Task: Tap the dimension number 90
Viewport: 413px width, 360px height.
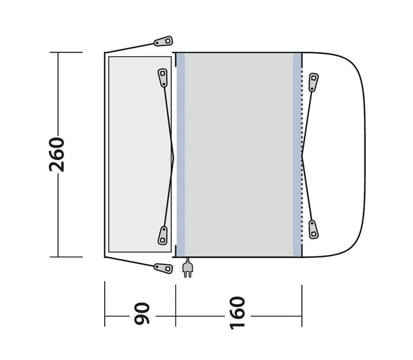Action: click(x=142, y=313)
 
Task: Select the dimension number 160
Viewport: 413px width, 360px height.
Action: click(x=237, y=313)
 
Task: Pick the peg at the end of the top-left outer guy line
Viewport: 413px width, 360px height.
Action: click(x=164, y=41)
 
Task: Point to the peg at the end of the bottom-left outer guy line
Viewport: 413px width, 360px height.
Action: click(x=164, y=268)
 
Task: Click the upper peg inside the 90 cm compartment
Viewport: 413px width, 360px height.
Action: click(x=163, y=77)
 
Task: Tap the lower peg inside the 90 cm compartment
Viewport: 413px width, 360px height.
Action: click(x=163, y=235)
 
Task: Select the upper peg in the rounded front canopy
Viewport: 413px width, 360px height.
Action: click(x=313, y=82)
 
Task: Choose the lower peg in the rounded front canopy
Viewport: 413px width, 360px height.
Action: click(x=313, y=229)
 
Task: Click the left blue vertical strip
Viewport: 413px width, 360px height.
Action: click(x=181, y=154)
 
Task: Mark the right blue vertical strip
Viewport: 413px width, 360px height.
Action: click(x=297, y=154)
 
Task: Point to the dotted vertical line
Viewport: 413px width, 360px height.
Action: click(x=302, y=129)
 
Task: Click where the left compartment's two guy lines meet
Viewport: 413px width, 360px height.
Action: click(x=174, y=155)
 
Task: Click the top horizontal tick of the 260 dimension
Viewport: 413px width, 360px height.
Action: click(x=66, y=52)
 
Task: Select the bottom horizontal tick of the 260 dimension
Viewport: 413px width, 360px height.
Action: click(x=66, y=257)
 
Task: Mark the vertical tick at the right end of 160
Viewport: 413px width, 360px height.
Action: click(x=302, y=305)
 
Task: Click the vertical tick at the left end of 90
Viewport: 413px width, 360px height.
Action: click(x=105, y=303)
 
